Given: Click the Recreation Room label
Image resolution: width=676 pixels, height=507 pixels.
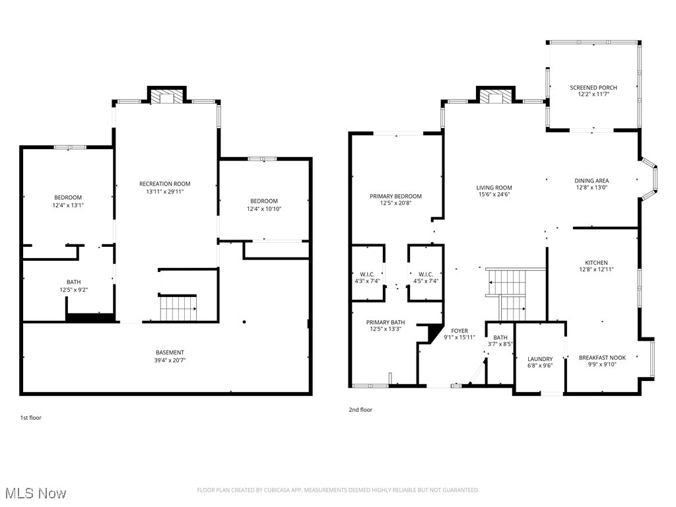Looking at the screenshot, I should (x=164, y=184).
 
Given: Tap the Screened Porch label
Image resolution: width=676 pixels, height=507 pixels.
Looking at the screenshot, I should (x=593, y=87).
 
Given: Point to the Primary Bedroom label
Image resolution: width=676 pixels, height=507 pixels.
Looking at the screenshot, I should (x=395, y=196).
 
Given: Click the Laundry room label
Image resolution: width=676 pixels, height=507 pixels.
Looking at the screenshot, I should (x=540, y=359).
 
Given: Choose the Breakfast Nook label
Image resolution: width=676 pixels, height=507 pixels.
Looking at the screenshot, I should (x=602, y=358).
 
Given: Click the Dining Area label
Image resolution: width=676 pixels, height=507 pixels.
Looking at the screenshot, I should (x=591, y=180).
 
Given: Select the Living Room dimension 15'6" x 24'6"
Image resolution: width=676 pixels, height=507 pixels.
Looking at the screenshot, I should (x=494, y=195).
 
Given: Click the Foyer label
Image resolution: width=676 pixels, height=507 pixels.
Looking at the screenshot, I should (x=459, y=330).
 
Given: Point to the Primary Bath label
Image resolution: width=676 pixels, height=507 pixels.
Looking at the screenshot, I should (x=386, y=322).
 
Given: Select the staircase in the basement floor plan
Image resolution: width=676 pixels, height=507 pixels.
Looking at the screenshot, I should (x=178, y=308).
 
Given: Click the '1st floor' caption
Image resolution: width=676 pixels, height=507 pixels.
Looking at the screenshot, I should (x=30, y=417).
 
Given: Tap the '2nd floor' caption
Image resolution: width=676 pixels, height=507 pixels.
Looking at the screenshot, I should (x=360, y=410).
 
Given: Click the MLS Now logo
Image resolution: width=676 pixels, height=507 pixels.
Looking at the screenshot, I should (x=36, y=492).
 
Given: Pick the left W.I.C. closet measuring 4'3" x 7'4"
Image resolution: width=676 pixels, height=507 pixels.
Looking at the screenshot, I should (x=366, y=277).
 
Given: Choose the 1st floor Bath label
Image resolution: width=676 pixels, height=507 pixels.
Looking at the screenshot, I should (x=73, y=282).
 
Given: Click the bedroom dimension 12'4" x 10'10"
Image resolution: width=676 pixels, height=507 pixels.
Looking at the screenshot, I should (x=263, y=209).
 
